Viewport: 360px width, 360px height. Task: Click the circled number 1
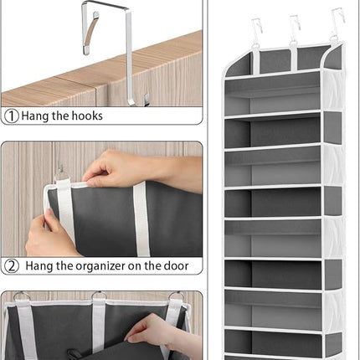[11, 116]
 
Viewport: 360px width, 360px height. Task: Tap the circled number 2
[11, 266]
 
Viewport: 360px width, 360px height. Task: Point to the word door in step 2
[175, 266]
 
